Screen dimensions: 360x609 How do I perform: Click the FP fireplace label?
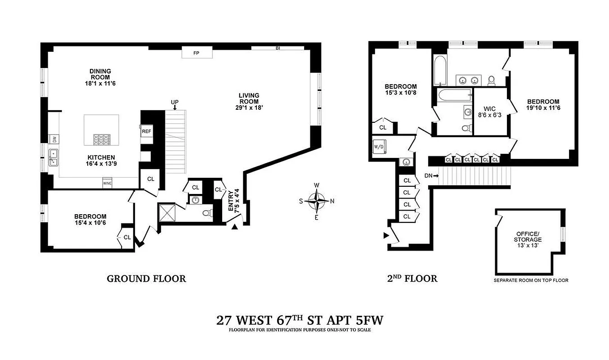tap(196, 53)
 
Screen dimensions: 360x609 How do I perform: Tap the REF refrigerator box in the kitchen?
tap(147, 131)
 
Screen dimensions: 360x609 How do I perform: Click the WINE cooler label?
tap(107, 183)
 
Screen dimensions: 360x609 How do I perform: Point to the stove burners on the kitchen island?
tap(101, 140)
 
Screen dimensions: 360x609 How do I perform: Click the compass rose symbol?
tap(318, 201)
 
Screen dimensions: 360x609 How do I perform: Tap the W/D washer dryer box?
tap(378, 147)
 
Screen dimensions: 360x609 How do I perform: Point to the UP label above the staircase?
tap(175, 103)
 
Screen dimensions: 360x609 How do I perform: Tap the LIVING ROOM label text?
tap(248, 98)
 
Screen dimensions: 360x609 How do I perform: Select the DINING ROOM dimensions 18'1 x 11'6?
tap(100, 84)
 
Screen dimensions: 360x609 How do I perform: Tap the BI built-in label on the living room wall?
tap(278, 48)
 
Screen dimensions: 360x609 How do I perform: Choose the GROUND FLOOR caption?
tap(146, 279)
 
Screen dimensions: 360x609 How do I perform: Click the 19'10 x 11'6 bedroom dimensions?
tap(543, 108)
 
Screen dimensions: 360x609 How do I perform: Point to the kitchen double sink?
tap(54, 157)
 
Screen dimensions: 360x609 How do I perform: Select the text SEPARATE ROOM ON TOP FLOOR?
tap(531, 280)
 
